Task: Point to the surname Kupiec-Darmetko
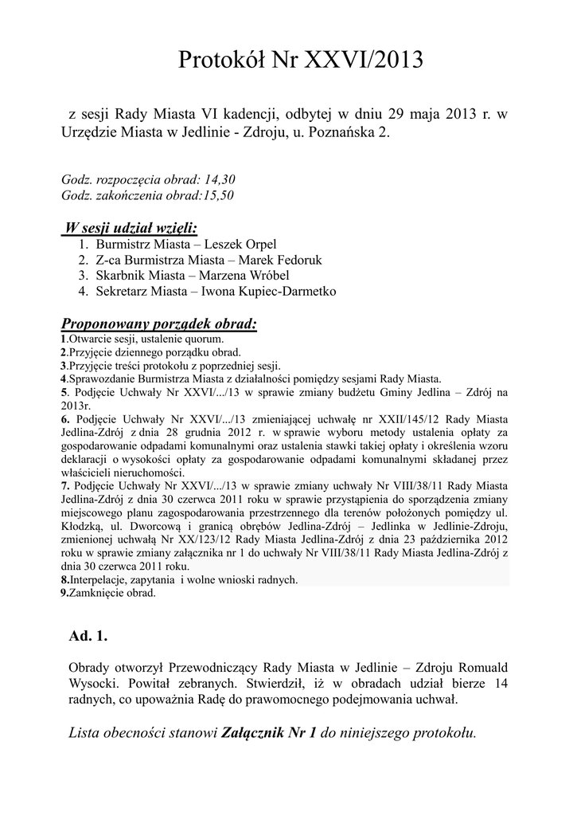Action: pos(287,292)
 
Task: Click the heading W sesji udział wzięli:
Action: pos(131,229)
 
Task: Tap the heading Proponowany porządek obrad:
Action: pos(159,324)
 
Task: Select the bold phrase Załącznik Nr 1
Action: pos(271,732)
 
